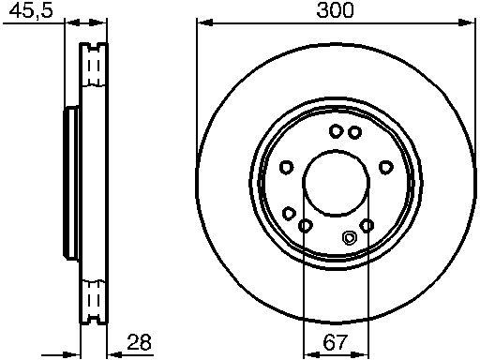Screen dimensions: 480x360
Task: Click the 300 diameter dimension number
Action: [335, 9]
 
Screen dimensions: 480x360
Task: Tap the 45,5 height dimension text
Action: [31, 11]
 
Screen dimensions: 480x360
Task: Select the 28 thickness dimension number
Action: [139, 342]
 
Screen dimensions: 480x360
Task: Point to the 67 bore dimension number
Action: [335, 342]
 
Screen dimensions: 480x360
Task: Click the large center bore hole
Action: [337, 183]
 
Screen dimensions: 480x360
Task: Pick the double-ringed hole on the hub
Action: [349, 238]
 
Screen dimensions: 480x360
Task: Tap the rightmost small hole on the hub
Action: [386, 167]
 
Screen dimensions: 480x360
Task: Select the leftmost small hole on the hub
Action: [286, 167]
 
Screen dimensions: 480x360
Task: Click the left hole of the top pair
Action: [336, 131]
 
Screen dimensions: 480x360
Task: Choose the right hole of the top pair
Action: [354, 132]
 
